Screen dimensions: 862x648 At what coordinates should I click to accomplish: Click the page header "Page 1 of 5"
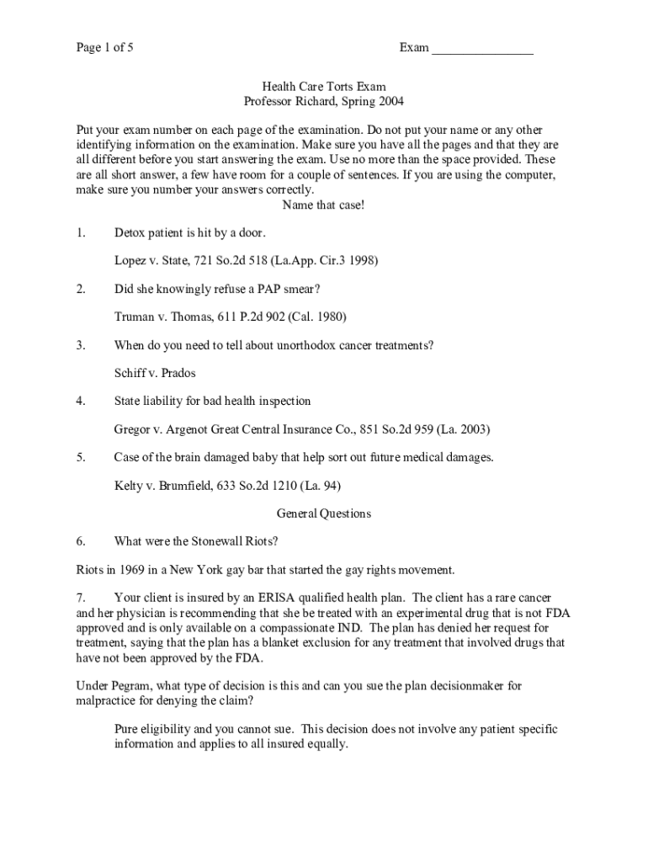tap(104, 48)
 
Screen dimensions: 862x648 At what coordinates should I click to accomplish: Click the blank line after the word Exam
tap(482, 50)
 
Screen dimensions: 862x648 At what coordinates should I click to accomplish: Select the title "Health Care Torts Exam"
tap(324, 87)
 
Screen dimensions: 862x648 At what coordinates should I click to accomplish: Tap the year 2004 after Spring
tap(389, 102)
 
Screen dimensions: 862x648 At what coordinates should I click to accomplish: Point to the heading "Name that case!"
tap(324, 205)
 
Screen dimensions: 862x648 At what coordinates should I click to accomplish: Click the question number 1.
tap(80, 232)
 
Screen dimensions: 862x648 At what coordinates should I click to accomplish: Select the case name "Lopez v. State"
tap(151, 261)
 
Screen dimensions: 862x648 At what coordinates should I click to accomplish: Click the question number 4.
tap(80, 401)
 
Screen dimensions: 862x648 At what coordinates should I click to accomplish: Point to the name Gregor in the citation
tap(132, 429)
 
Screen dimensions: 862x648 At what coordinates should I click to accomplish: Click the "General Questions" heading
tap(324, 513)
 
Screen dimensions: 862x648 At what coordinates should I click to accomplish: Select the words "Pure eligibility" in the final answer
tap(155, 729)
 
